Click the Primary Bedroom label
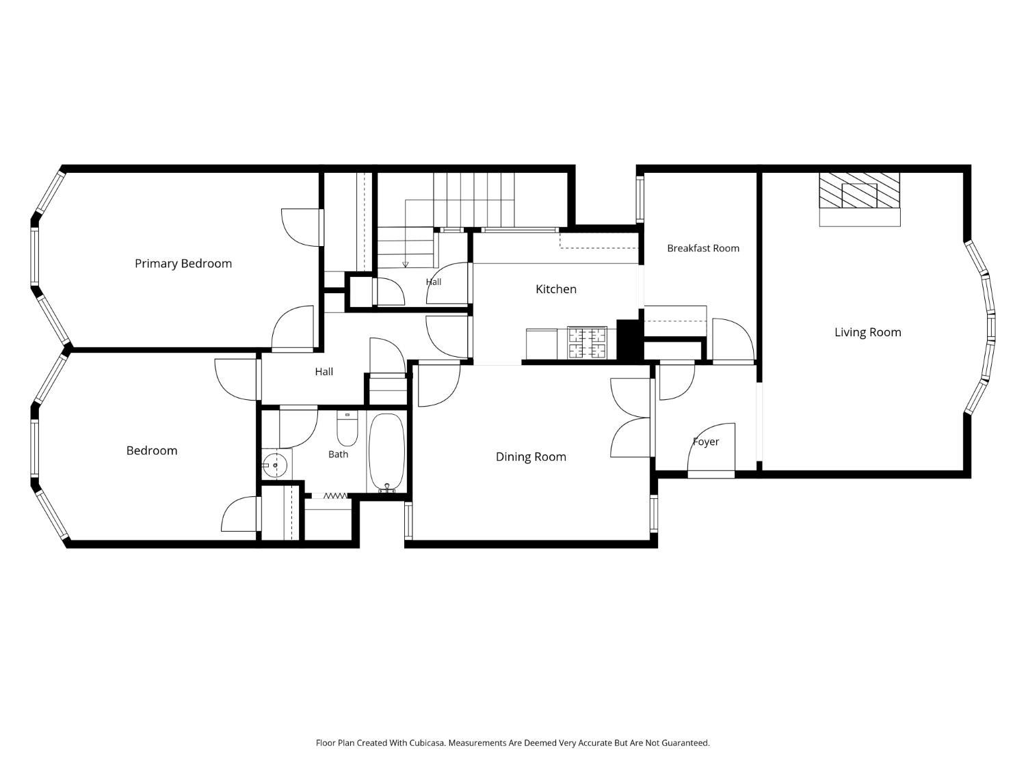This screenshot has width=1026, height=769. point(183,264)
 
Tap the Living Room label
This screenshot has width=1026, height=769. point(867,332)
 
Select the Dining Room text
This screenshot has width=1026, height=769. point(531,457)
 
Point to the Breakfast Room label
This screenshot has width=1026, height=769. point(703,248)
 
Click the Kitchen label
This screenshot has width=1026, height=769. point(556,289)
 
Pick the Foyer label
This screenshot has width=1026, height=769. point(706,442)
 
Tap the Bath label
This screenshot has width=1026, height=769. point(338,455)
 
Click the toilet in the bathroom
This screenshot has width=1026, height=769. point(347,428)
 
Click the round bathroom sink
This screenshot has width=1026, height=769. point(274,465)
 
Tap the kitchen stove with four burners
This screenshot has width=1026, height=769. point(587,342)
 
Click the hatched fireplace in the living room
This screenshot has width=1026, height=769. point(859,191)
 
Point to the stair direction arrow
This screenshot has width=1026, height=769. point(405,264)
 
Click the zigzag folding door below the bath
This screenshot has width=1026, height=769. point(335,496)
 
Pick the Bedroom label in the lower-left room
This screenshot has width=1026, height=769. point(152,450)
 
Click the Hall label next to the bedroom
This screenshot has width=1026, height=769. point(324,372)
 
